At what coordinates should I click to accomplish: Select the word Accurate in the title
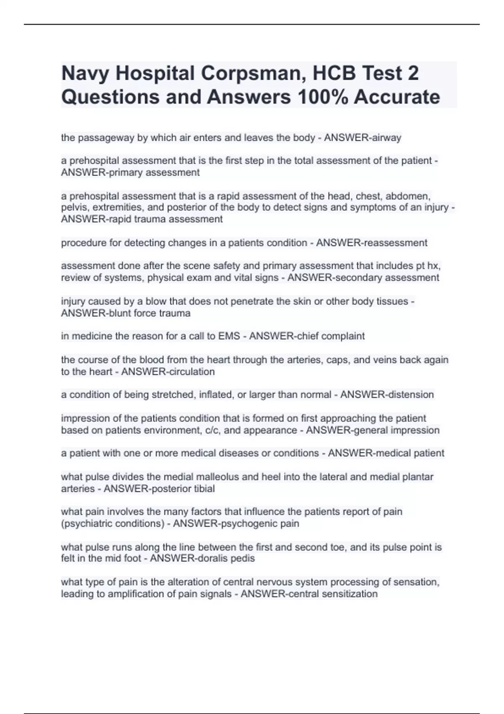coord(397,97)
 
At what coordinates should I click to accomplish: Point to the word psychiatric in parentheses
coord(88,524)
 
